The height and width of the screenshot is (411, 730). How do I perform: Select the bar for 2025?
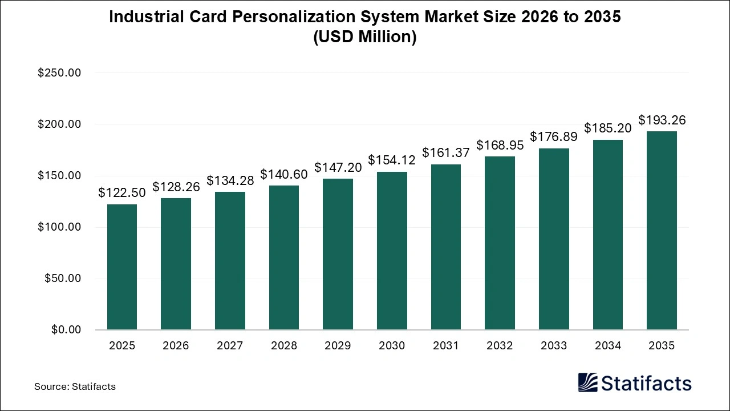[x=122, y=267]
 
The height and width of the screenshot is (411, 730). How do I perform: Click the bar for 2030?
[x=392, y=251]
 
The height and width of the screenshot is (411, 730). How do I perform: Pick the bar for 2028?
[x=284, y=257]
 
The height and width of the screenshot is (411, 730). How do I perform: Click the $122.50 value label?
[x=122, y=193]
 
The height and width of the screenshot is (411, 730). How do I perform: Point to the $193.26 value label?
[x=662, y=120]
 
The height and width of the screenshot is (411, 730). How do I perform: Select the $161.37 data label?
[x=446, y=152]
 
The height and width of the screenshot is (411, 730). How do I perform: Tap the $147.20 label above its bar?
[x=338, y=167]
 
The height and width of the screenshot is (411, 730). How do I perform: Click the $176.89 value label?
[x=554, y=136]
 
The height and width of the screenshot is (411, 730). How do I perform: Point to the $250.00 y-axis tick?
[x=59, y=73]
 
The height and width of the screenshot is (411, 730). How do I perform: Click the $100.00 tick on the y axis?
[x=59, y=227]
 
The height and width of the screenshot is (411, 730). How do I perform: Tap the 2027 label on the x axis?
[x=230, y=346]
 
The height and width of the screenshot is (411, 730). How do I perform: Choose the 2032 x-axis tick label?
[x=500, y=346]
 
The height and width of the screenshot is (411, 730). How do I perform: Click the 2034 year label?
[x=607, y=346]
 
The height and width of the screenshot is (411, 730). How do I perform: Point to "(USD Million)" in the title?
[x=365, y=37]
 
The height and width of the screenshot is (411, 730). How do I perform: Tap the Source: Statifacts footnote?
[x=75, y=386]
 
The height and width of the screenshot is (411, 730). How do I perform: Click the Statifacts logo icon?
[x=587, y=383]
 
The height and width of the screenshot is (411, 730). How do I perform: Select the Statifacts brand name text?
[x=646, y=383]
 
